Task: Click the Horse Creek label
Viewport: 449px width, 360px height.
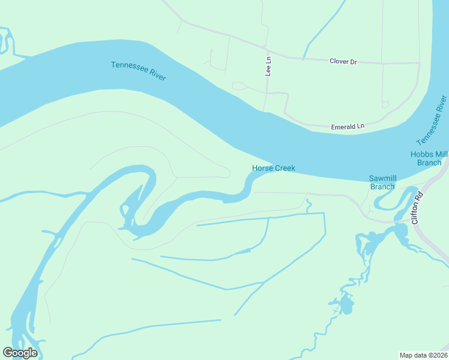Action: click(x=273, y=169)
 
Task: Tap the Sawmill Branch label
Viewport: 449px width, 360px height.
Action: click(x=382, y=182)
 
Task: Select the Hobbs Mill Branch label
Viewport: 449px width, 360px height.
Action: click(x=429, y=158)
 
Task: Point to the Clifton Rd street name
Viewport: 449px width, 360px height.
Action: click(x=418, y=208)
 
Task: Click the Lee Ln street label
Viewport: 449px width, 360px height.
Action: click(x=268, y=66)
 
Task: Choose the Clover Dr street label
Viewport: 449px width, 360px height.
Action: click(x=343, y=61)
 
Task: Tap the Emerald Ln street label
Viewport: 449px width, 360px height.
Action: click(x=348, y=127)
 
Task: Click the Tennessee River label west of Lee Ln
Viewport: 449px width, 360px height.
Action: click(x=138, y=71)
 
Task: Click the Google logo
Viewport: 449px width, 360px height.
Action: click(x=20, y=353)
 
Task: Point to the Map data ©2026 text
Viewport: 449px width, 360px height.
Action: click(x=423, y=355)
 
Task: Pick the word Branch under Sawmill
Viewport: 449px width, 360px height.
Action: click(x=382, y=187)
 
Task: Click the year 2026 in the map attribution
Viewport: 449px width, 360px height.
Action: click(x=437, y=355)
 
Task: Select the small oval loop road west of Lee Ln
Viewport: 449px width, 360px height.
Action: click(x=239, y=86)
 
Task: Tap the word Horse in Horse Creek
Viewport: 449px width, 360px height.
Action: click(x=262, y=169)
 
